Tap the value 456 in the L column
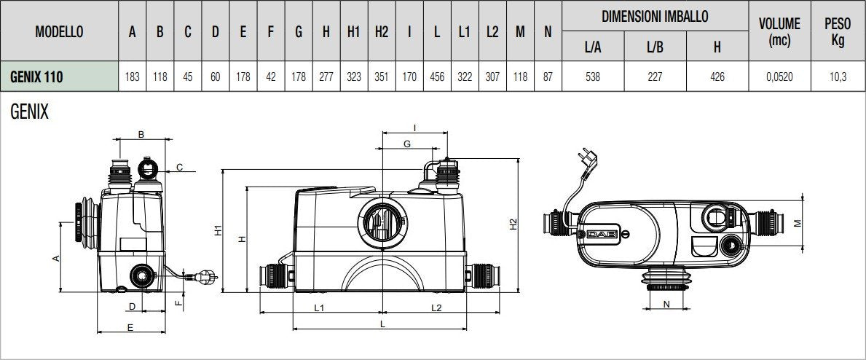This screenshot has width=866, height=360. click(x=436, y=77)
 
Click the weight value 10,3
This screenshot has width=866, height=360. click(x=837, y=77)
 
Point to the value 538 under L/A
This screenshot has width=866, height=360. click(x=591, y=77)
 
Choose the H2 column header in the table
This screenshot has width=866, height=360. click(x=382, y=32)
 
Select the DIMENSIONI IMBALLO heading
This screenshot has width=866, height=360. click(x=654, y=15)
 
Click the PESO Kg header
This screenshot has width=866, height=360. click(x=837, y=32)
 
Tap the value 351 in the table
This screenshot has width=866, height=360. click(x=382, y=77)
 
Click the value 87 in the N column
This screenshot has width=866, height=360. click(x=547, y=77)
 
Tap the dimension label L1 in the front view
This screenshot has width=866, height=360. click(x=319, y=308)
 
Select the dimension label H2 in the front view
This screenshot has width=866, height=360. click(x=513, y=227)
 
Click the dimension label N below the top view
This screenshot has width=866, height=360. click(x=666, y=305)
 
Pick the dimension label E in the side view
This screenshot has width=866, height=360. click(x=130, y=328)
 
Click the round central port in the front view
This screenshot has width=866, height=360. click(x=379, y=219)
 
